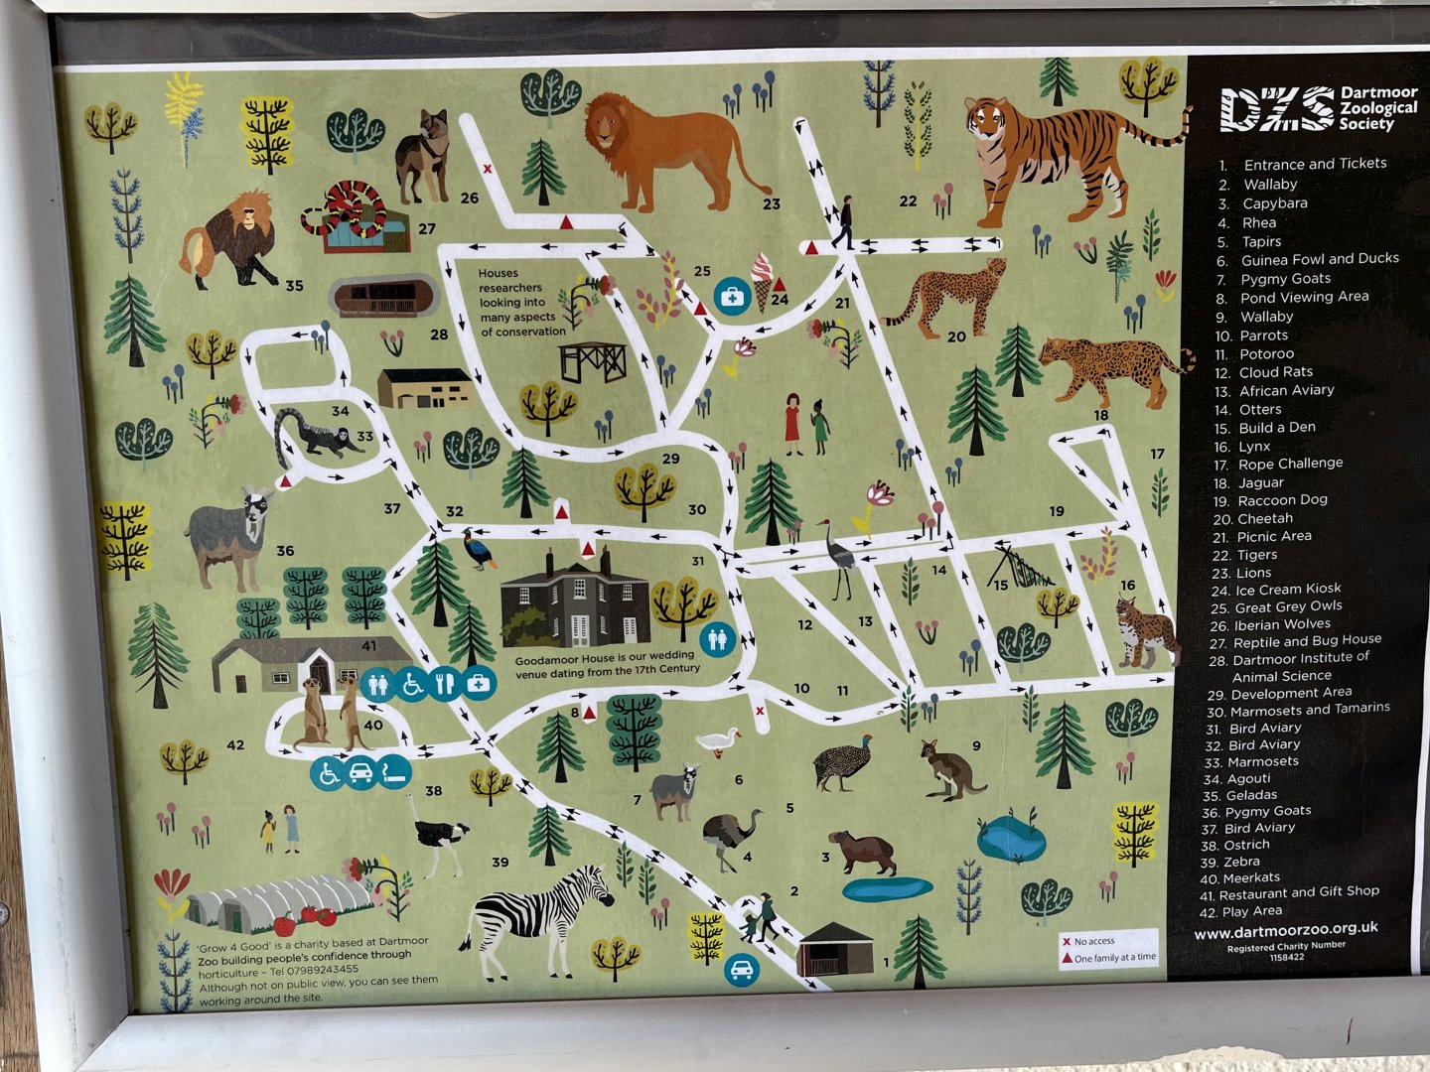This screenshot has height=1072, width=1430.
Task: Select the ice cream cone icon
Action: pos(762,278)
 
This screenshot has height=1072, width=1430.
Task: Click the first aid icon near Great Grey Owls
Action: pos(732,295)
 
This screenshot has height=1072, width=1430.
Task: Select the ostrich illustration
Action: pos(437,834)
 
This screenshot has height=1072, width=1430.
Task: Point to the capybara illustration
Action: pos(862,852)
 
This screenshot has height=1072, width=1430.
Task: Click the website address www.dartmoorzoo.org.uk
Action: pos(1285,930)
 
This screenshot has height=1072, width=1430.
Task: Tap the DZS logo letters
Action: pos(1276,108)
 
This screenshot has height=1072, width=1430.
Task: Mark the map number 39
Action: pos(500,862)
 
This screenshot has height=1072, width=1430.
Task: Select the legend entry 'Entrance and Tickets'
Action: pos(1314,164)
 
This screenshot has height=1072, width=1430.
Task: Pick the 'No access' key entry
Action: pos(1093,941)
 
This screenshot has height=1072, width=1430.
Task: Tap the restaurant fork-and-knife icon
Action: pos(445,684)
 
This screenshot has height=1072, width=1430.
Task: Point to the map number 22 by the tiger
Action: pos(908,201)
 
